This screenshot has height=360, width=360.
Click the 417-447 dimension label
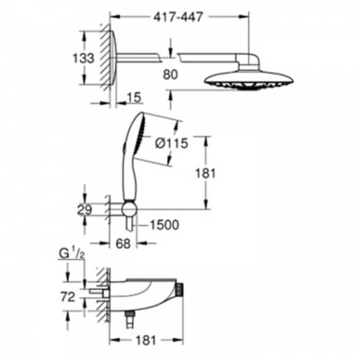178,17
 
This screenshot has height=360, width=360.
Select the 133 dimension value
84,58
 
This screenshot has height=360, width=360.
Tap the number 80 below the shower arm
171,74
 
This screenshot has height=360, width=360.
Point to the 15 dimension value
134,97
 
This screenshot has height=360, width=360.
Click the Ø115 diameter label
171,143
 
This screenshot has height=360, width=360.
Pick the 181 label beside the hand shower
205,174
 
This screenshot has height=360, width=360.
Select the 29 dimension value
84,210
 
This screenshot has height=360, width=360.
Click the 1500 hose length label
164,225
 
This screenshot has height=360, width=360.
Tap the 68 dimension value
123,244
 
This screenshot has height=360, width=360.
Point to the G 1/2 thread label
72,254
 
